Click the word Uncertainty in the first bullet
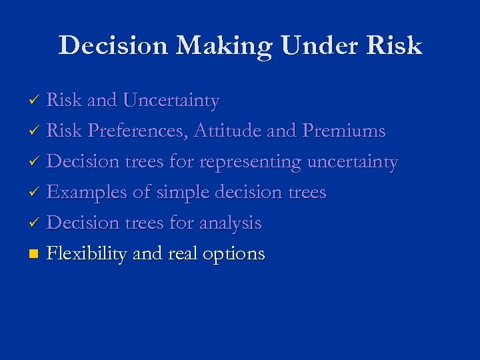pyautogui.click(x=171, y=101)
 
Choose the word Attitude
pyautogui.click(x=227, y=131)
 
